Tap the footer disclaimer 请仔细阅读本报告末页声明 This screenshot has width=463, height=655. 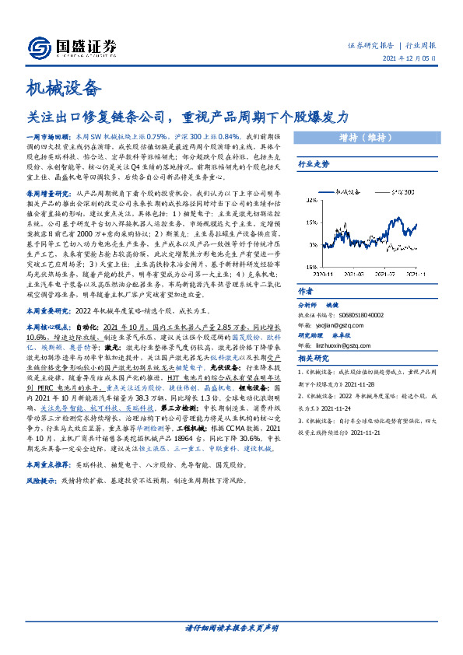(231, 627)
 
